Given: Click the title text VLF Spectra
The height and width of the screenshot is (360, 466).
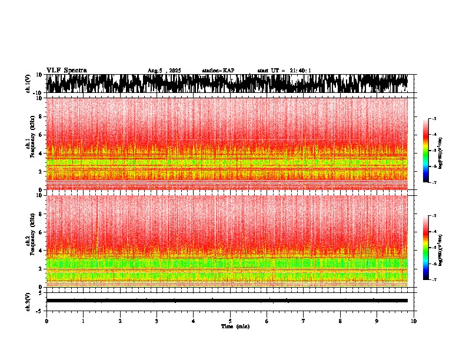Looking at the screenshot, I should [x=66, y=71].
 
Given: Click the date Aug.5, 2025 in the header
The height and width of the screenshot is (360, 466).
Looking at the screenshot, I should [x=164, y=71].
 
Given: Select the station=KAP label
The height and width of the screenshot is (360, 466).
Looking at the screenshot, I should [x=218, y=71].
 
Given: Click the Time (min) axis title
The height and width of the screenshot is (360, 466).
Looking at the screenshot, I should [x=235, y=326].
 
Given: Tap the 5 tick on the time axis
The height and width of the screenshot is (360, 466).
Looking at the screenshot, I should [x=230, y=321].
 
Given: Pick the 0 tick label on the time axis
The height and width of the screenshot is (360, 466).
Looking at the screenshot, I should [x=46, y=321].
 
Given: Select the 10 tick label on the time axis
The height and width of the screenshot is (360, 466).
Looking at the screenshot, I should [x=414, y=321].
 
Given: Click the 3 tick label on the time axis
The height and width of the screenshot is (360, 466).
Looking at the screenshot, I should [x=157, y=321].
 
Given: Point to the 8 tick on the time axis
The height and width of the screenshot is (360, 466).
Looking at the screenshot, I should [x=340, y=321].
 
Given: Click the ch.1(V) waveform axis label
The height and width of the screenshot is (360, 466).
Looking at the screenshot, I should [x=29, y=84].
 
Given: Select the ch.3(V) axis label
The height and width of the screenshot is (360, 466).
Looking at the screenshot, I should [x=29, y=301].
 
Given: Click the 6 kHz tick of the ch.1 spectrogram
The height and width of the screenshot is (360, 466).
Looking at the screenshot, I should [x=40, y=135].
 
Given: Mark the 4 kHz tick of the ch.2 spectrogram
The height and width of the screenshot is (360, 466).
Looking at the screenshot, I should [x=40, y=251].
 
